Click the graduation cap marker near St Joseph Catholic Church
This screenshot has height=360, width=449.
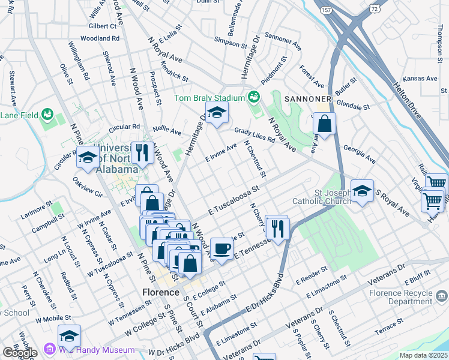click(x=362, y=191)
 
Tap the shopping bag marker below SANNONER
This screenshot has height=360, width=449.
click(x=324, y=124)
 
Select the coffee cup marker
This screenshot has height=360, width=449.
click(x=221, y=248)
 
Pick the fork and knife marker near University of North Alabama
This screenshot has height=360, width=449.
click(x=142, y=153)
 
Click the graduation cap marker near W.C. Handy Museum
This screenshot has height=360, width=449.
click(x=69, y=336)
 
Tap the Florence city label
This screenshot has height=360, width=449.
click(x=160, y=292)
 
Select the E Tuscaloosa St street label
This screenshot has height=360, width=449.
click(x=233, y=200)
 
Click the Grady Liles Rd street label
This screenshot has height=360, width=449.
click(x=255, y=135)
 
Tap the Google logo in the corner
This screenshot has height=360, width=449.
click(x=20, y=353)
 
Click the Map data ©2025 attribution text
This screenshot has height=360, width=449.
click(x=424, y=355)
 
